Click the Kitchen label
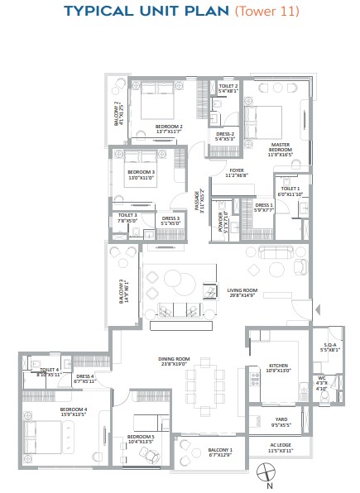(278, 367)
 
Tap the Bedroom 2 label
(170, 128)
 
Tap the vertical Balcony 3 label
(123, 291)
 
